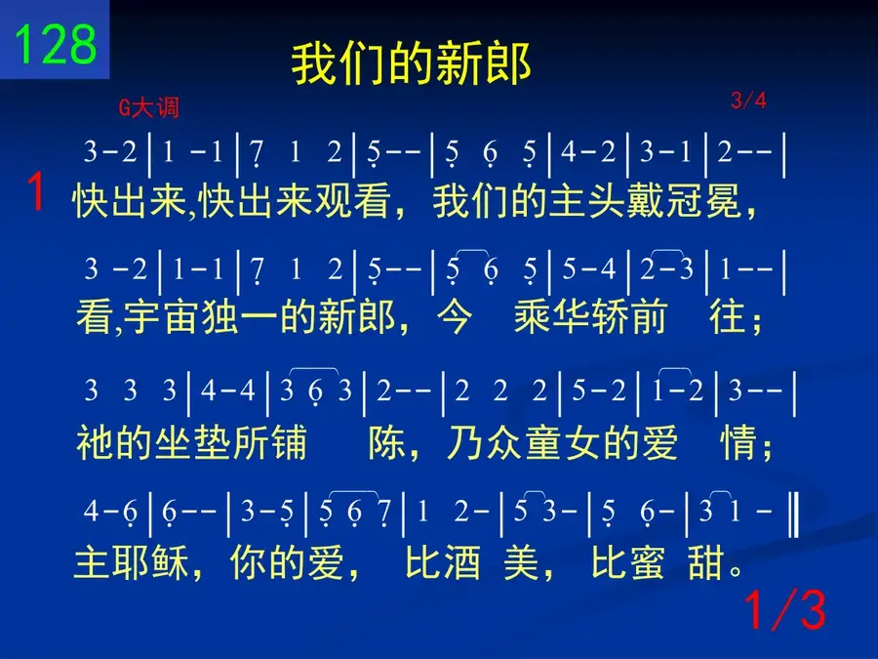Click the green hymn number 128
pyautogui.click(x=55, y=44)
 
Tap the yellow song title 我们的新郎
pyautogui.click(x=411, y=63)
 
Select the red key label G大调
pyautogui.click(x=149, y=107)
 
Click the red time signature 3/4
pyautogui.click(x=748, y=101)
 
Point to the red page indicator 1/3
pyautogui.click(x=785, y=610)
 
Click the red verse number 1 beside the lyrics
pyautogui.click(x=36, y=191)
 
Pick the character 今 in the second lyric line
pyautogui.click(x=454, y=316)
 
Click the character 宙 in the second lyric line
pyautogui.click(x=183, y=316)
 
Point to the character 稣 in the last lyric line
pyautogui.click(x=169, y=563)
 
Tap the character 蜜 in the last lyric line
pyautogui.click(x=646, y=563)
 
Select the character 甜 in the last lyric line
pyautogui.click(x=706, y=563)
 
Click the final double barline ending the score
pyautogui.click(x=793, y=513)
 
